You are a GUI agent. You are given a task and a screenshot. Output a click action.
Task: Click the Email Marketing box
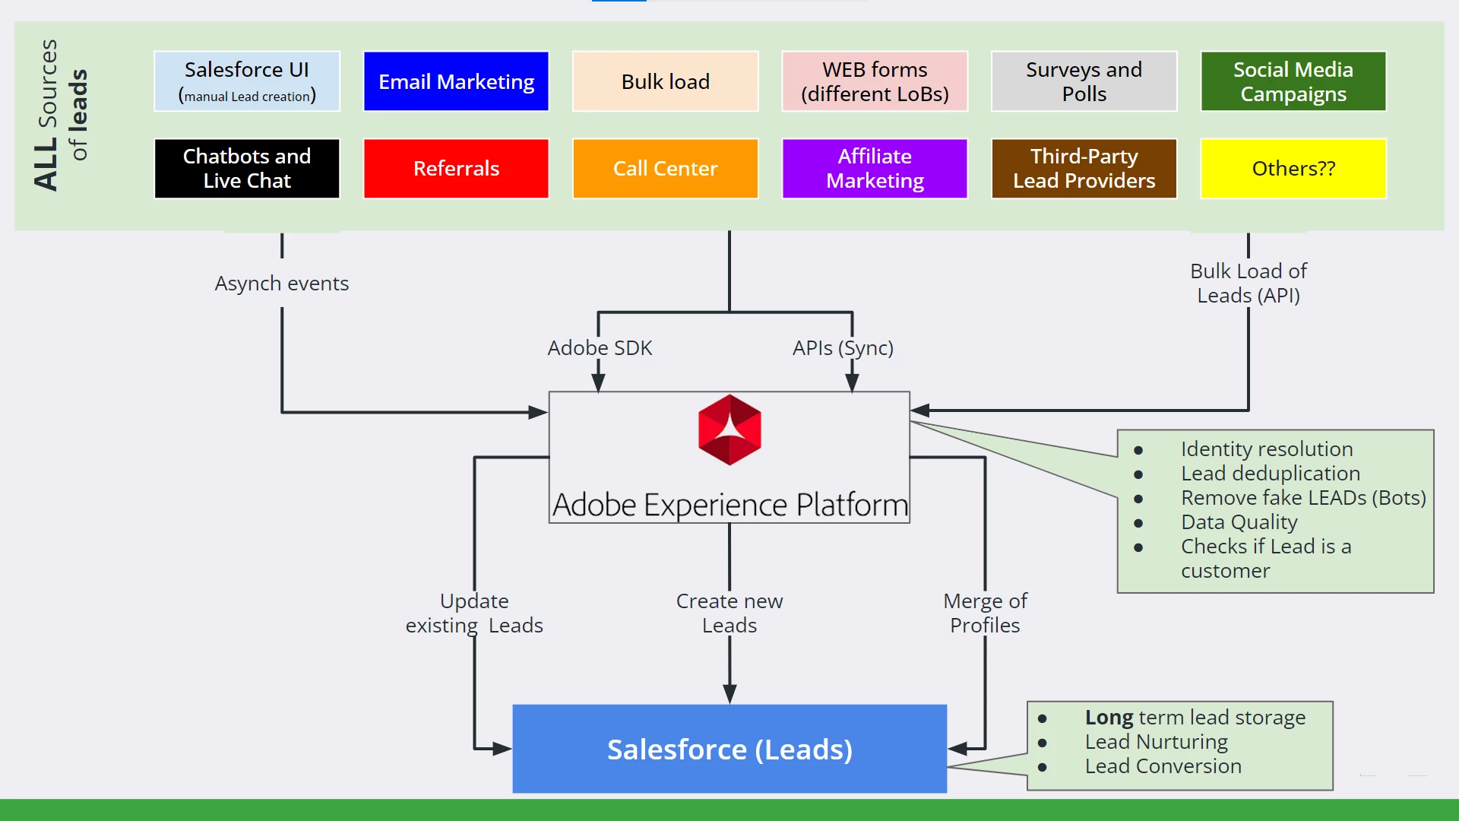[456, 81]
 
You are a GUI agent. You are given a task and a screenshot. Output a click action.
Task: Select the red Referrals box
[456, 168]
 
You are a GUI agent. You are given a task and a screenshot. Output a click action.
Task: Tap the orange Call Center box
[665, 168]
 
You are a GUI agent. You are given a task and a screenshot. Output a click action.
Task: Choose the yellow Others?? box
[1293, 168]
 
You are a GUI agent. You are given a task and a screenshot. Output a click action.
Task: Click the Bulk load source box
[665, 81]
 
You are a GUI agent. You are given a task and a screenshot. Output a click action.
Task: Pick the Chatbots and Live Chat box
[247, 168]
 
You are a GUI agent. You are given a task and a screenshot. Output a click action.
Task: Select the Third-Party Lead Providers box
[1084, 168]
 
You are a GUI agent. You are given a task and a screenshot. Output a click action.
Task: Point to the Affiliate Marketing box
[875, 168]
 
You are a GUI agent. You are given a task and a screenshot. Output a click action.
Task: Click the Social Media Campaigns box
[1293, 81]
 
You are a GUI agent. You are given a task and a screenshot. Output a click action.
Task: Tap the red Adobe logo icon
[729, 430]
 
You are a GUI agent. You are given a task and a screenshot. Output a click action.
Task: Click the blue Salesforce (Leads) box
[729, 749]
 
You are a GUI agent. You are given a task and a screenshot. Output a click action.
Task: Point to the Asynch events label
[281, 284]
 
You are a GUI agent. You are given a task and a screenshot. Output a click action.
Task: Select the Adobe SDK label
[600, 348]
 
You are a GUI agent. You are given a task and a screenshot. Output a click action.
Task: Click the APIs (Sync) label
[843, 348]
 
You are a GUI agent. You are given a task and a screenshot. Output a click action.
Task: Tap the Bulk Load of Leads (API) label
[1249, 284]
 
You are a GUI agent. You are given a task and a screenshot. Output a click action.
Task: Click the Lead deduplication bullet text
[1271, 474]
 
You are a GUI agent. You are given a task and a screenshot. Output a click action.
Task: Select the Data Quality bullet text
[1239, 522]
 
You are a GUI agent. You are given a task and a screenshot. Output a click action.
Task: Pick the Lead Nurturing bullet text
[1156, 742]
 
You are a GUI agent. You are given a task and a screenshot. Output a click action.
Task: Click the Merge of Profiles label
[985, 613]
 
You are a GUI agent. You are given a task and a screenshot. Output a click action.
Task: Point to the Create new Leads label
[729, 613]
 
